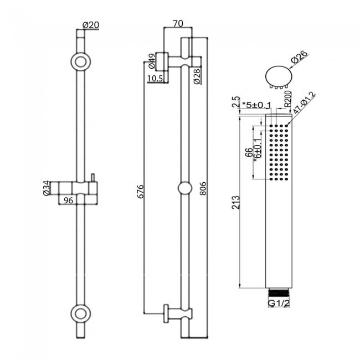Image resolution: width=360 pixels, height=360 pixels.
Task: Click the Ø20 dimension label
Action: (90, 25)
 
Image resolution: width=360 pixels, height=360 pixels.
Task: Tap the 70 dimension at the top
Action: (178, 23)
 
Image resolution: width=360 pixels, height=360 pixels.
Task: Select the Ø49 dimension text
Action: (151, 59)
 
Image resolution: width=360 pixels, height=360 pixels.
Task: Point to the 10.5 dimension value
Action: (156, 79)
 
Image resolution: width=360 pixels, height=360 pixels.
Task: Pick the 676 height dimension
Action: (140, 191)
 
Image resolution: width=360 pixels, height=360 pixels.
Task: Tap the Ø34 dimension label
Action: (47, 188)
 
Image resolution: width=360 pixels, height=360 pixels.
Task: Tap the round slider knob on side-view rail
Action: (185, 188)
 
